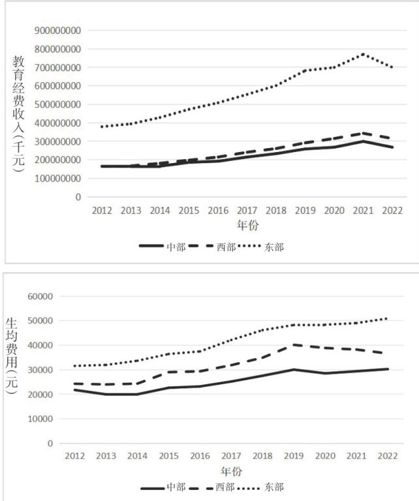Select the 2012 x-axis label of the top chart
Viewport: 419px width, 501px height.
point(102,211)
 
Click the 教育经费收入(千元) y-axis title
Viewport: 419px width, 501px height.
point(18,114)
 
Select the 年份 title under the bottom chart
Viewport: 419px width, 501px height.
point(230,471)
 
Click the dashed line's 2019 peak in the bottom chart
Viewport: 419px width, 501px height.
point(295,344)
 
